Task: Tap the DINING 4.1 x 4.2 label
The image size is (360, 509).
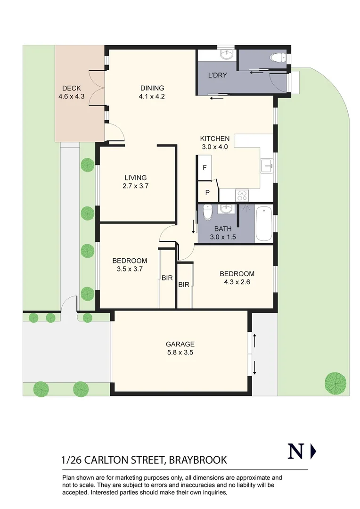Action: (152, 92)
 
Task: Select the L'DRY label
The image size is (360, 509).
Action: (218, 75)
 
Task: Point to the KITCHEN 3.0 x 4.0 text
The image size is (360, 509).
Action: (215, 142)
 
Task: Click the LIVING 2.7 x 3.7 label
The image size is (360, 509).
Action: (136, 181)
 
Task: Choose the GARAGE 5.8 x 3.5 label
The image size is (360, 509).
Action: (180, 348)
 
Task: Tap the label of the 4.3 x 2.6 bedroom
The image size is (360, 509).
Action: (237, 278)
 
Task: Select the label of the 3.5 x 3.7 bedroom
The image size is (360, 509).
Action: (130, 264)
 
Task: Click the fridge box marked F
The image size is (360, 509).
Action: (205, 168)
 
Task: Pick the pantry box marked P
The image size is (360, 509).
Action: (207, 193)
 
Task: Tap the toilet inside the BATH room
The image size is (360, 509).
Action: (207, 213)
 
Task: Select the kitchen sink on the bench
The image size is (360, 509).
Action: (266, 165)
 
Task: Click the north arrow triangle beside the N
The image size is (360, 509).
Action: (313, 452)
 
